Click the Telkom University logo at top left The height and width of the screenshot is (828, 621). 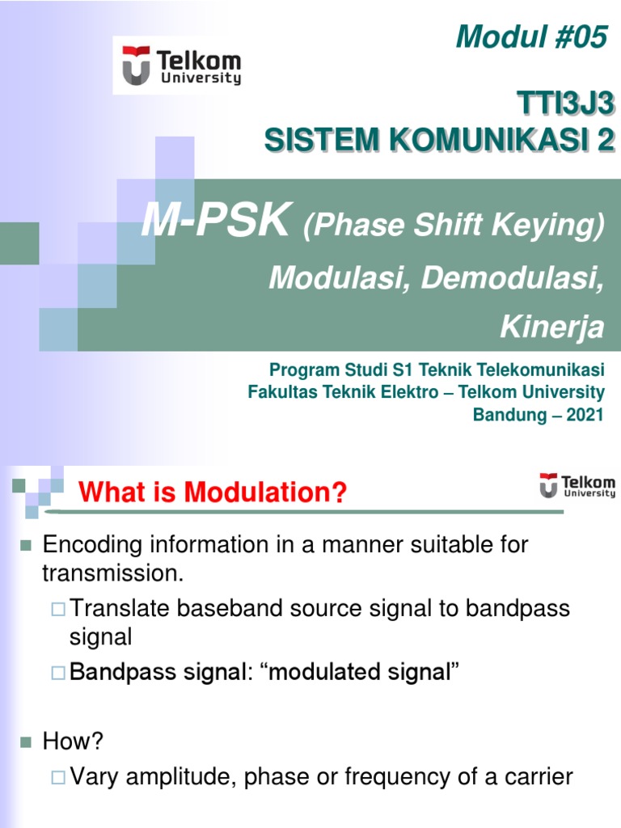tap(182, 65)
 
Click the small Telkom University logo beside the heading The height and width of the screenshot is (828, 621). tap(577, 485)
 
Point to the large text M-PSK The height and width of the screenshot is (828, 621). tap(215, 221)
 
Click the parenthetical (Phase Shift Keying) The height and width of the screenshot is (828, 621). tap(454, 228)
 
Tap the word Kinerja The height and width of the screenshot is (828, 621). tap(552, 327)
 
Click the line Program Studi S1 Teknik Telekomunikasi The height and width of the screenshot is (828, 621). tap(437, 370)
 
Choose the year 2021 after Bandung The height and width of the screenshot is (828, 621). tap(582, 416)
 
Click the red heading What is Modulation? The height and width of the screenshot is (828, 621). tap(212, 492)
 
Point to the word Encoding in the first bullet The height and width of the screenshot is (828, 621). tap(94, 545)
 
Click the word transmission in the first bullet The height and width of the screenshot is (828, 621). tap(113, 573)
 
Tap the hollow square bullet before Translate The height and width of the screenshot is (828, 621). tap(57, 609)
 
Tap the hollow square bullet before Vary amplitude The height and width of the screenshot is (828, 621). tap(57, 779)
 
